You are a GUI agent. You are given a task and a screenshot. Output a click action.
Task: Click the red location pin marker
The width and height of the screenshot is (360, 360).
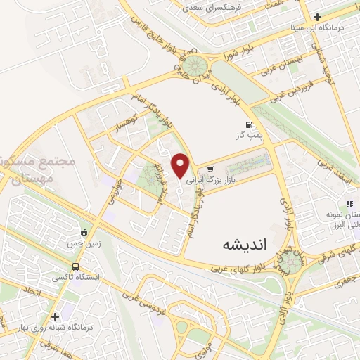(181, 165)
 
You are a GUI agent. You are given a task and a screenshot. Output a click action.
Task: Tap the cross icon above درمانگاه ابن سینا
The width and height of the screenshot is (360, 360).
(318, 17)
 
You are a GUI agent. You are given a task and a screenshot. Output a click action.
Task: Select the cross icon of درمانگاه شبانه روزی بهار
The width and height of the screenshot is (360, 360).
(56, 316)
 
